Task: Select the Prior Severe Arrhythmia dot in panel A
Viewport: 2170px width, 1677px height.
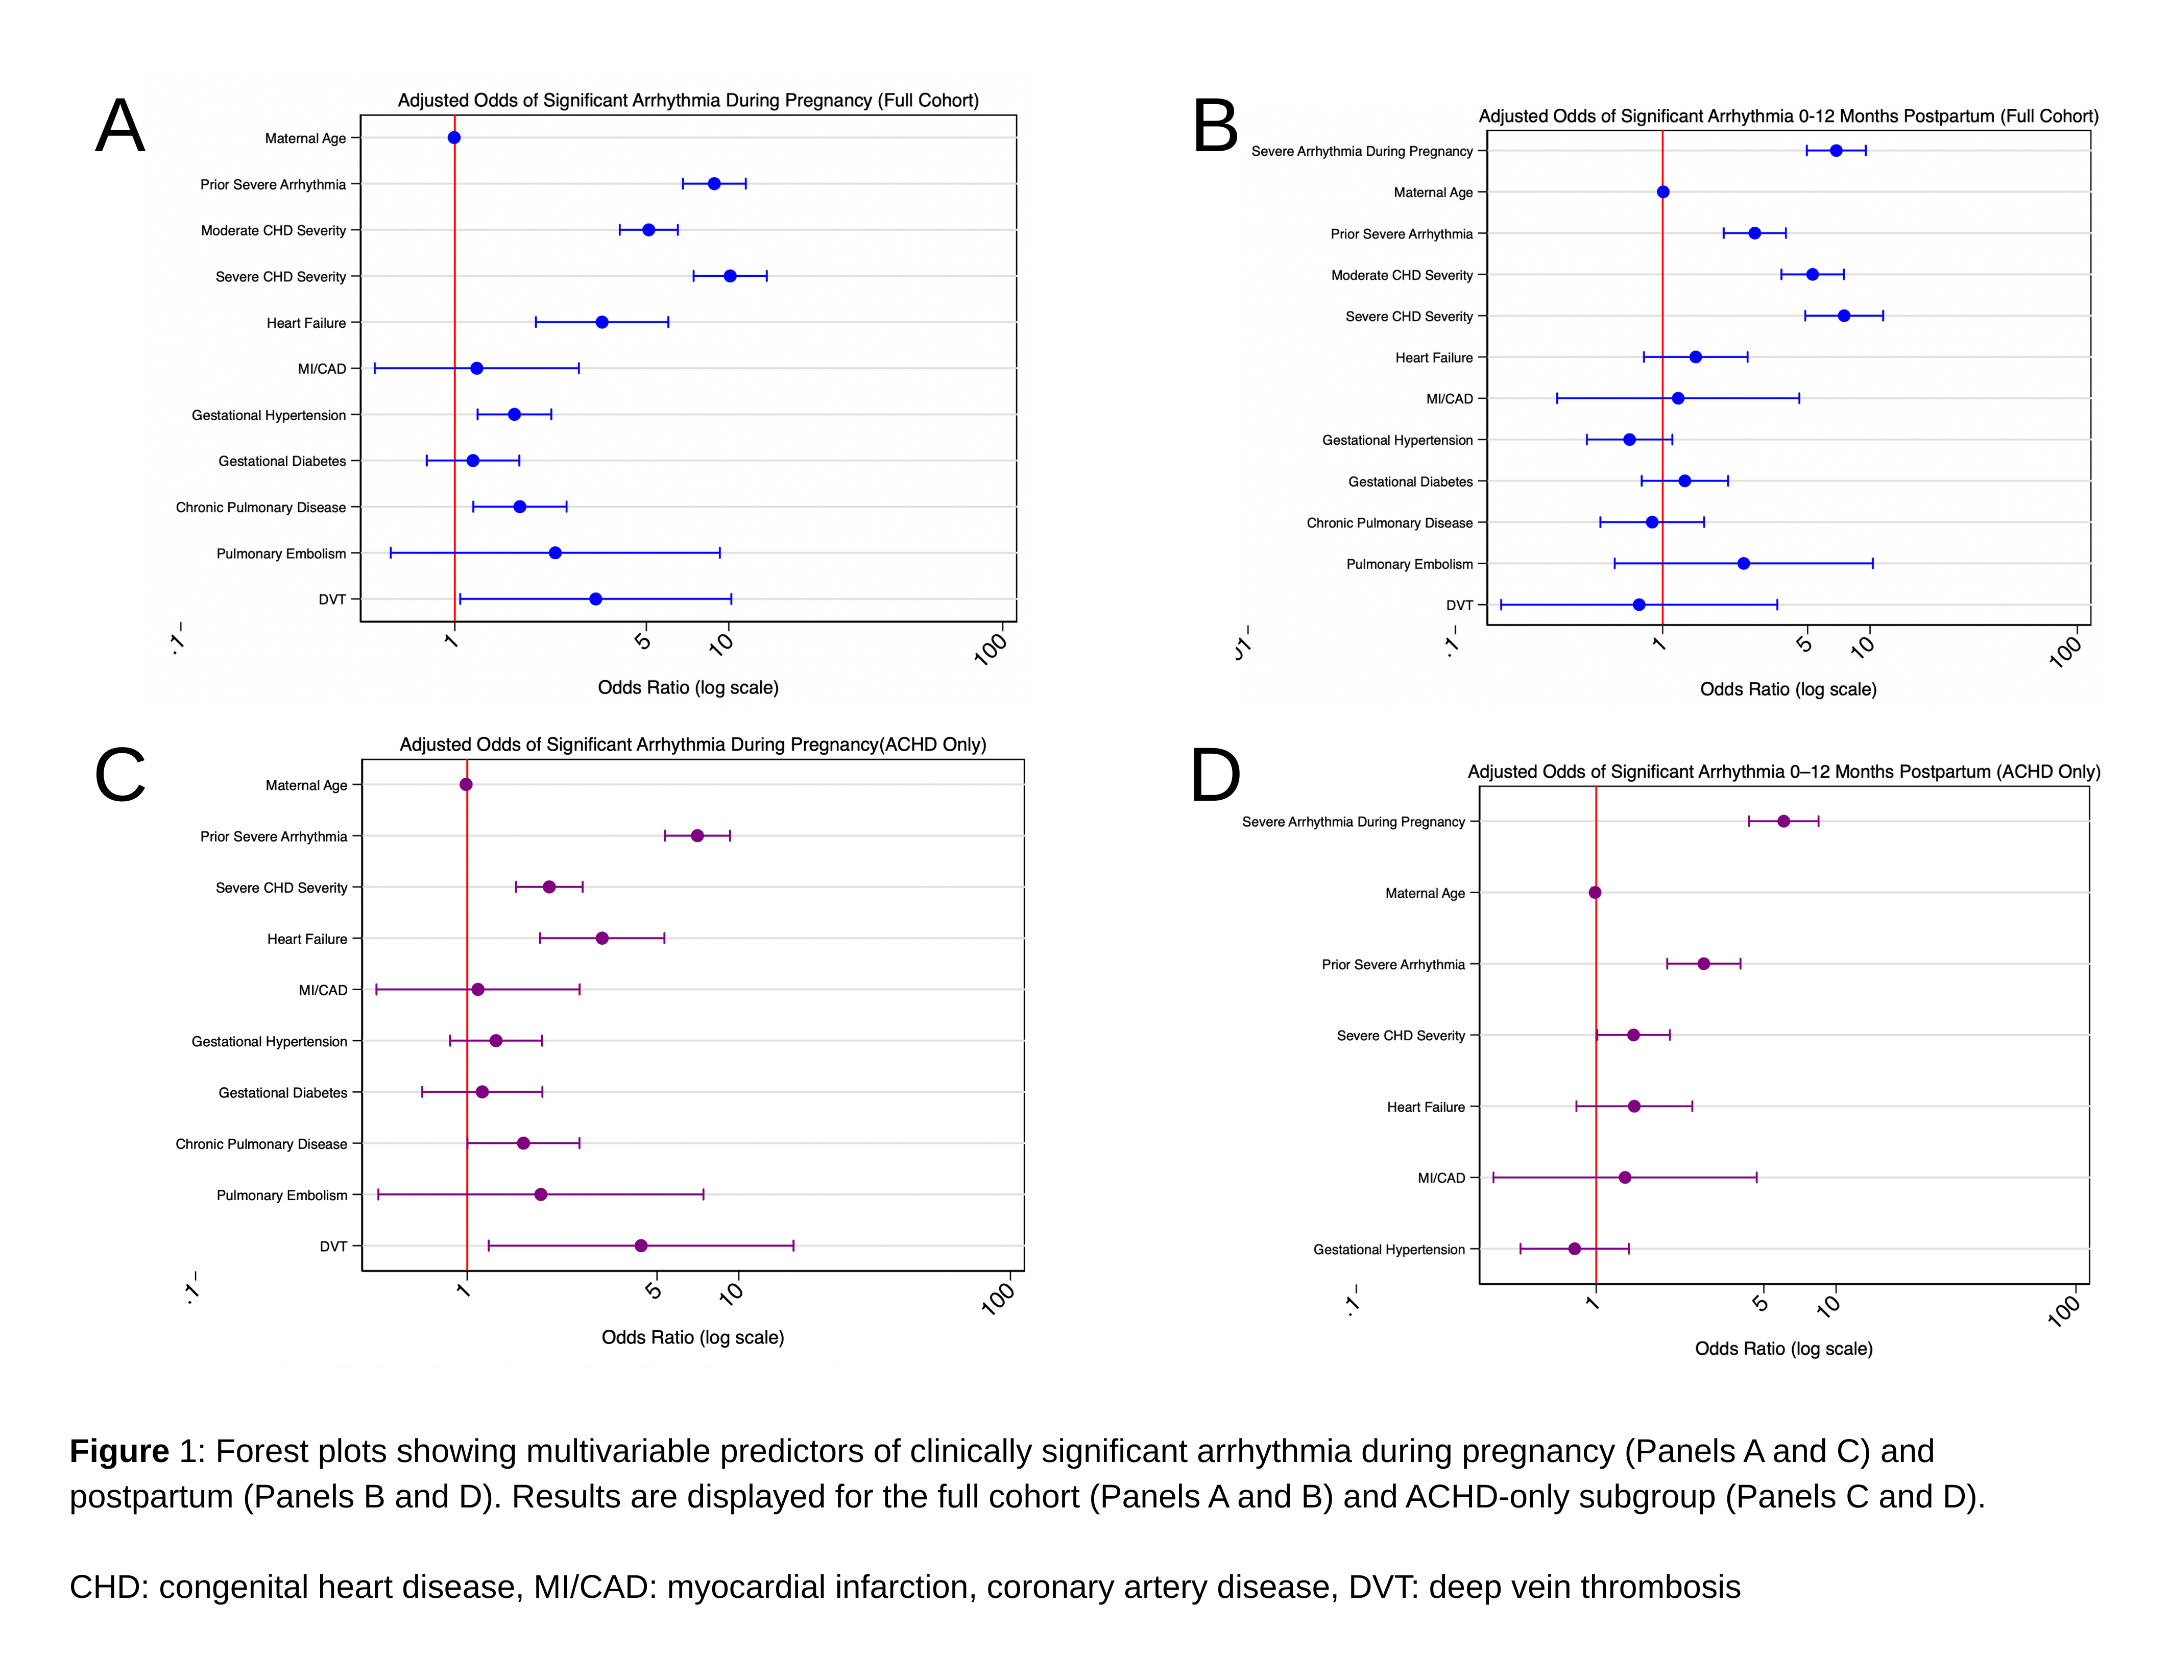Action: [713, 184]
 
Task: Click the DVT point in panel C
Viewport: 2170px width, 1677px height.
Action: [641, 1246]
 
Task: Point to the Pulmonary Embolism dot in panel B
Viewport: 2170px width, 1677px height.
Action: [1743, 563]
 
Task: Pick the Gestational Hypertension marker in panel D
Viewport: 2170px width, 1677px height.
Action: [1574, 1249]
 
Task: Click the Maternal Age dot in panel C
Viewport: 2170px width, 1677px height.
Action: [466, 785]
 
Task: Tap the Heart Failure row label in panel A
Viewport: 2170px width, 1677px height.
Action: [306, 323]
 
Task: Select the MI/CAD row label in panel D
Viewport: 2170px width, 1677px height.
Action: [1441, 1178]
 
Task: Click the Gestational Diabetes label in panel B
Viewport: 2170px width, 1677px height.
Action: [1410, 482]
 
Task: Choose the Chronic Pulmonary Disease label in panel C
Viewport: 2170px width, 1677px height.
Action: [261, 1144]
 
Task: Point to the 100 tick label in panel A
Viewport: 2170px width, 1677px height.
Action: [991, 648]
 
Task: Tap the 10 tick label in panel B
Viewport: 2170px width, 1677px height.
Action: [1863, 646]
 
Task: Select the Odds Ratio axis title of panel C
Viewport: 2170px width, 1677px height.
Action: [692, 1337]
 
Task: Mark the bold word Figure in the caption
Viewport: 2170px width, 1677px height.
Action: [119, 1451]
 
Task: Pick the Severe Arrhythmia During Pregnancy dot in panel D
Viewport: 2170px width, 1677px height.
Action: [1783, 822]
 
